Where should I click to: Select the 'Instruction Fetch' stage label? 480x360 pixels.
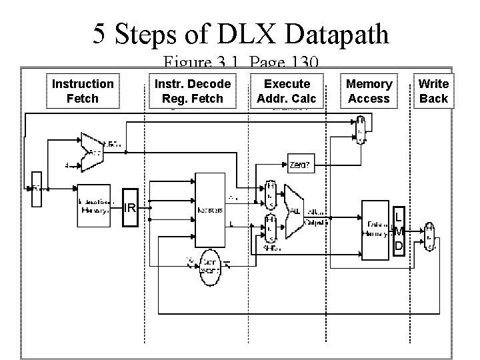point(83,91)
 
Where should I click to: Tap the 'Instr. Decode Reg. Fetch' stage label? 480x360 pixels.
point(192,91)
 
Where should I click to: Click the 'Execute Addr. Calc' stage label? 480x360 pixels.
point(287,91)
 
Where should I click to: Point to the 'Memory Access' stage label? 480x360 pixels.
point(369,91)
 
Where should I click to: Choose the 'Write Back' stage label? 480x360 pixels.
point(433,91)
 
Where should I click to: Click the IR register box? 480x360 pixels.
point(130,209)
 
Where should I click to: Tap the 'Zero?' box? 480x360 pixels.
point(299,162)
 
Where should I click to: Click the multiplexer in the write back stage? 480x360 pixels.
point(430,237)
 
